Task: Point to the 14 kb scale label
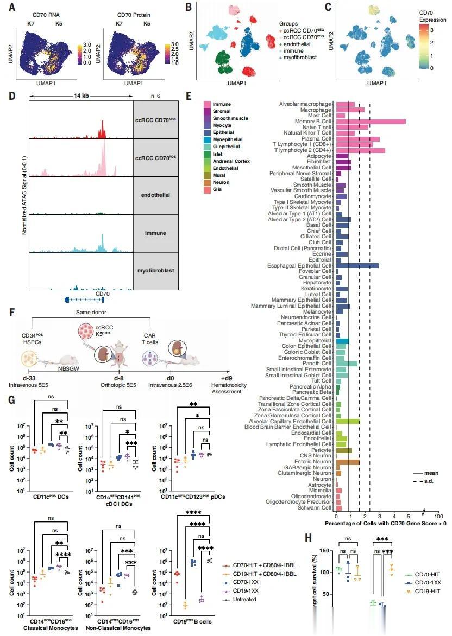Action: coord(81,96)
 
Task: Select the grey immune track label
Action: coord(155,234)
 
